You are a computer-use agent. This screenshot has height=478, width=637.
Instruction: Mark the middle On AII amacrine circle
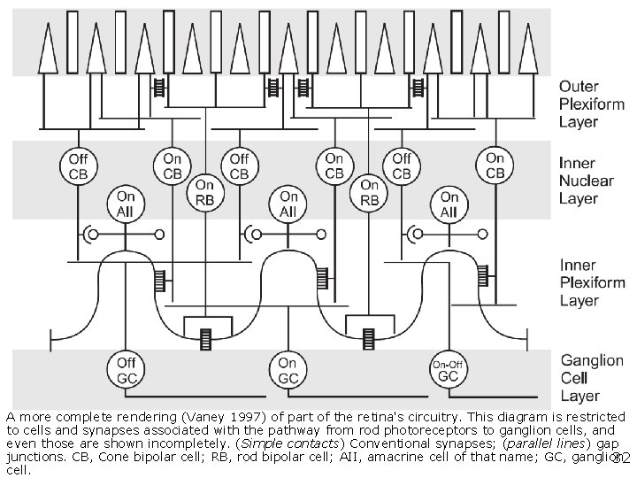[288, 204]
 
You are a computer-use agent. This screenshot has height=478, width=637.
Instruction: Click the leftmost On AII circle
[126, 204]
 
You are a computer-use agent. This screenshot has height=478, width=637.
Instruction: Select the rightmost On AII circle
[449, 204]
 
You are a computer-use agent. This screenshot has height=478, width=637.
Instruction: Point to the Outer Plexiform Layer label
[591, 104]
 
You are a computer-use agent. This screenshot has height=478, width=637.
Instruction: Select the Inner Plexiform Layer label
[591, 282]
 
